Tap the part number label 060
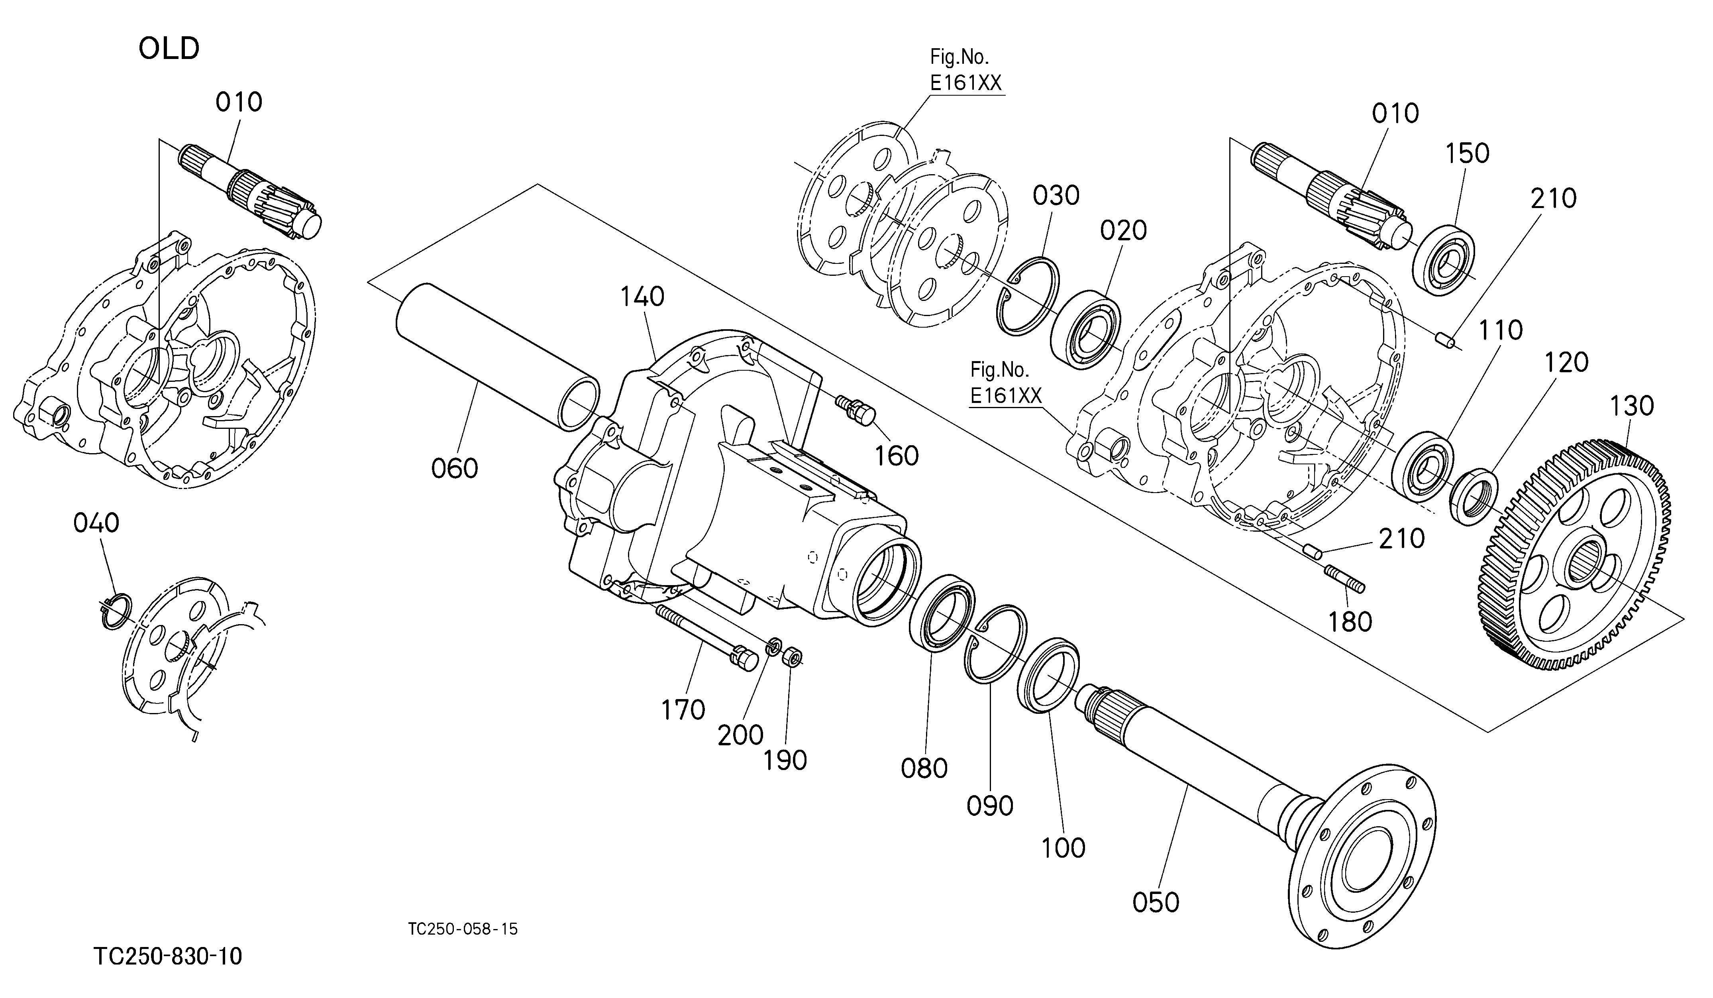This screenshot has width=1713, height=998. [x=455, y=468]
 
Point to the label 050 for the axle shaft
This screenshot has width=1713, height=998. [x=1156, y=902]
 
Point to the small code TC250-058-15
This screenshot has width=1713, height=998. [x=463, y=929]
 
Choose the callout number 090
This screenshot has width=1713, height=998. [x=990, y=805]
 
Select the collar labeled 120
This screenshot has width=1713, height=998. [x=1473, y=496]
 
